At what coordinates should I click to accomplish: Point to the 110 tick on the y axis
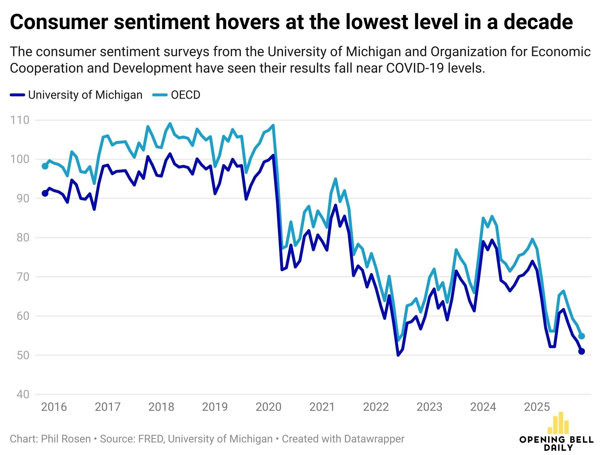(20, 120)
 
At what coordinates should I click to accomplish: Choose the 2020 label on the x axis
(269, 407)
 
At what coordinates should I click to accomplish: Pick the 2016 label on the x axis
(54, 407)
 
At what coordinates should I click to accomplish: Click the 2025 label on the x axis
(537, 407)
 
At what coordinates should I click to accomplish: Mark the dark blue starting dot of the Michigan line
(45, 193)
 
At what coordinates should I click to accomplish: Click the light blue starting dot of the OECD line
(45, 166)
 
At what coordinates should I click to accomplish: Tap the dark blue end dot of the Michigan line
(581, 351)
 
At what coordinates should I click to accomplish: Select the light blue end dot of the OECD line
(581, 336)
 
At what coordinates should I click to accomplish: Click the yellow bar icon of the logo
(558, 423)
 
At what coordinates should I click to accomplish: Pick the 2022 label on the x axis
(376, 407)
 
